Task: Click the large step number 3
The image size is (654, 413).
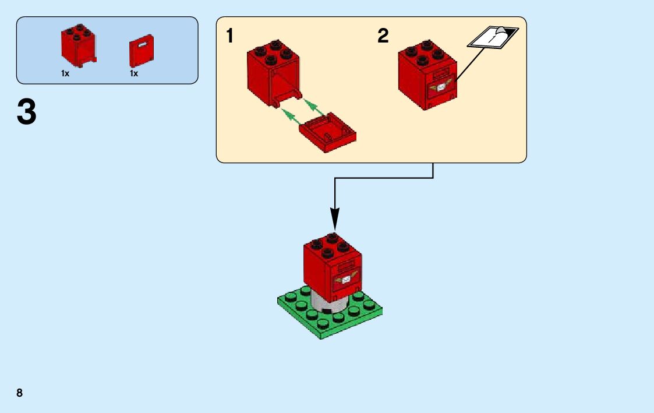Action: (27, 112)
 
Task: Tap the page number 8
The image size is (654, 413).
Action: (20, 393)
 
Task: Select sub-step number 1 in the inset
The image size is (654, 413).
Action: (230, 36)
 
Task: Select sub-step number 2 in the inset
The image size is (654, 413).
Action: (383, 36)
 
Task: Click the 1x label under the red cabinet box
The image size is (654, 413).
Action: (65, 74)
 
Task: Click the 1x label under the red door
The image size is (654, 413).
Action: (134, 74)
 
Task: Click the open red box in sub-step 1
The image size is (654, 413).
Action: (273, 73)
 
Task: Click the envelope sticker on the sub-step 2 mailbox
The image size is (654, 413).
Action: (442, 87)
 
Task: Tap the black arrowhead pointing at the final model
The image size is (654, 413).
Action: (335, 221)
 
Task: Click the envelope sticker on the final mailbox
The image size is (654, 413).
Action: (346, 280)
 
